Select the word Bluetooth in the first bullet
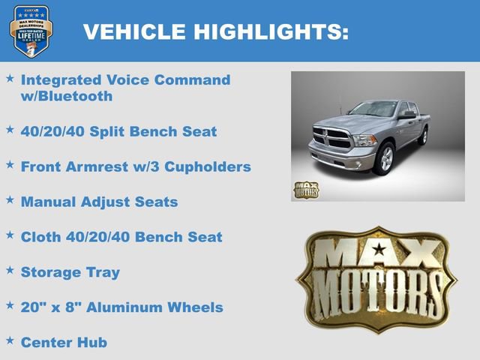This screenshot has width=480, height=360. pos(75,96)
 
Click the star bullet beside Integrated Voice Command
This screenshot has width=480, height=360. pos(10,78)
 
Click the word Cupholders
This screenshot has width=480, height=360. pos(207,166)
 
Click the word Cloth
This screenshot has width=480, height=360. pos(42,237)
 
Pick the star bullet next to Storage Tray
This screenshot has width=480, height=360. pos(10,270)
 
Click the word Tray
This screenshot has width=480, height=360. pos(102,272)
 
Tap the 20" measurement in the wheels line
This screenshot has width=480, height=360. pos(34,307)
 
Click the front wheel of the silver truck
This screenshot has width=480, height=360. pos(385,158)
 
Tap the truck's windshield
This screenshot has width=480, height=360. pos(373,109)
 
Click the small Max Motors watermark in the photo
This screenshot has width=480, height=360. pos(305,189)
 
